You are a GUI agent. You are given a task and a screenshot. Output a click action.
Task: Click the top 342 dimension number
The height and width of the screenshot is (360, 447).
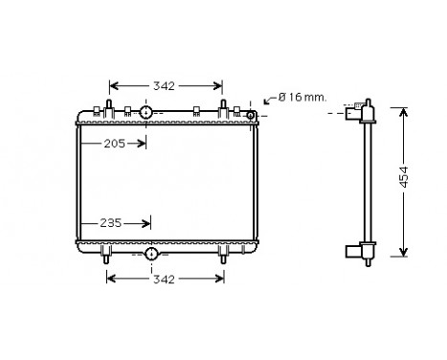pyautogui.click(x=164, y=86)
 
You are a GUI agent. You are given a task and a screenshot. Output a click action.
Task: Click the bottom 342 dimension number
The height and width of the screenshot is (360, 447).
pyautogui.click(x=164, y=280)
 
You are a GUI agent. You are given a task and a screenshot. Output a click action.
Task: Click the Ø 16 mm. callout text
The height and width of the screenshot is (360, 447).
pyautogui.click(x=302, y=97)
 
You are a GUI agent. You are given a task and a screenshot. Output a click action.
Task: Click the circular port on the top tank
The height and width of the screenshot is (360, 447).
pyautogui.click(x=145, y=113)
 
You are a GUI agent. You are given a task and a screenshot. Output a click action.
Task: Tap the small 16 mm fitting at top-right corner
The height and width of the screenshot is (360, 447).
pyautogui.click(x=251, y=116)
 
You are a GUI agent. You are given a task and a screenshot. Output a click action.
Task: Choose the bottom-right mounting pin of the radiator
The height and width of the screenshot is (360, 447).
pyautogui.click(x=223, y=256)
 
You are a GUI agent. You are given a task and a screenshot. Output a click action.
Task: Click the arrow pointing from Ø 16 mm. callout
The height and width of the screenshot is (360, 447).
pyautogui.click(x=267, y=101)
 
